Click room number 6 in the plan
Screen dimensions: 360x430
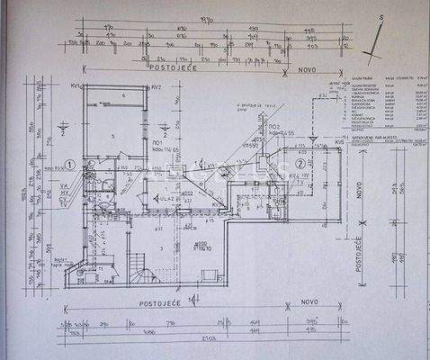[122, 94]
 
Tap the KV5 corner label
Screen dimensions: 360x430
[340, 141]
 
